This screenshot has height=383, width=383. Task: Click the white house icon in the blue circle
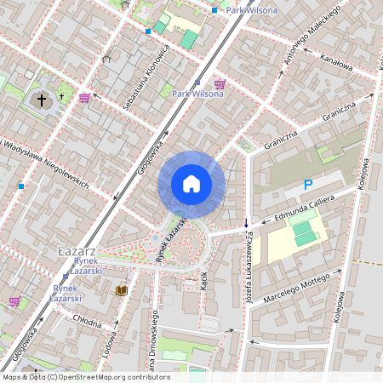tap(191, 184)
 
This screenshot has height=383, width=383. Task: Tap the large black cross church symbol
tap(42, 100)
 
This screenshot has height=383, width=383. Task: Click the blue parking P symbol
tap(308, 185)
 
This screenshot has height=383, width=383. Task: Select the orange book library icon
tap(121, 291)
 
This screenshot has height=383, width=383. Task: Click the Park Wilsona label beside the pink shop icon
tap(197, 94)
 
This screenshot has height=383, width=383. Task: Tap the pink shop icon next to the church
tap(84, 97)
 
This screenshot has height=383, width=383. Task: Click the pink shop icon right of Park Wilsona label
tap(220, 83)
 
